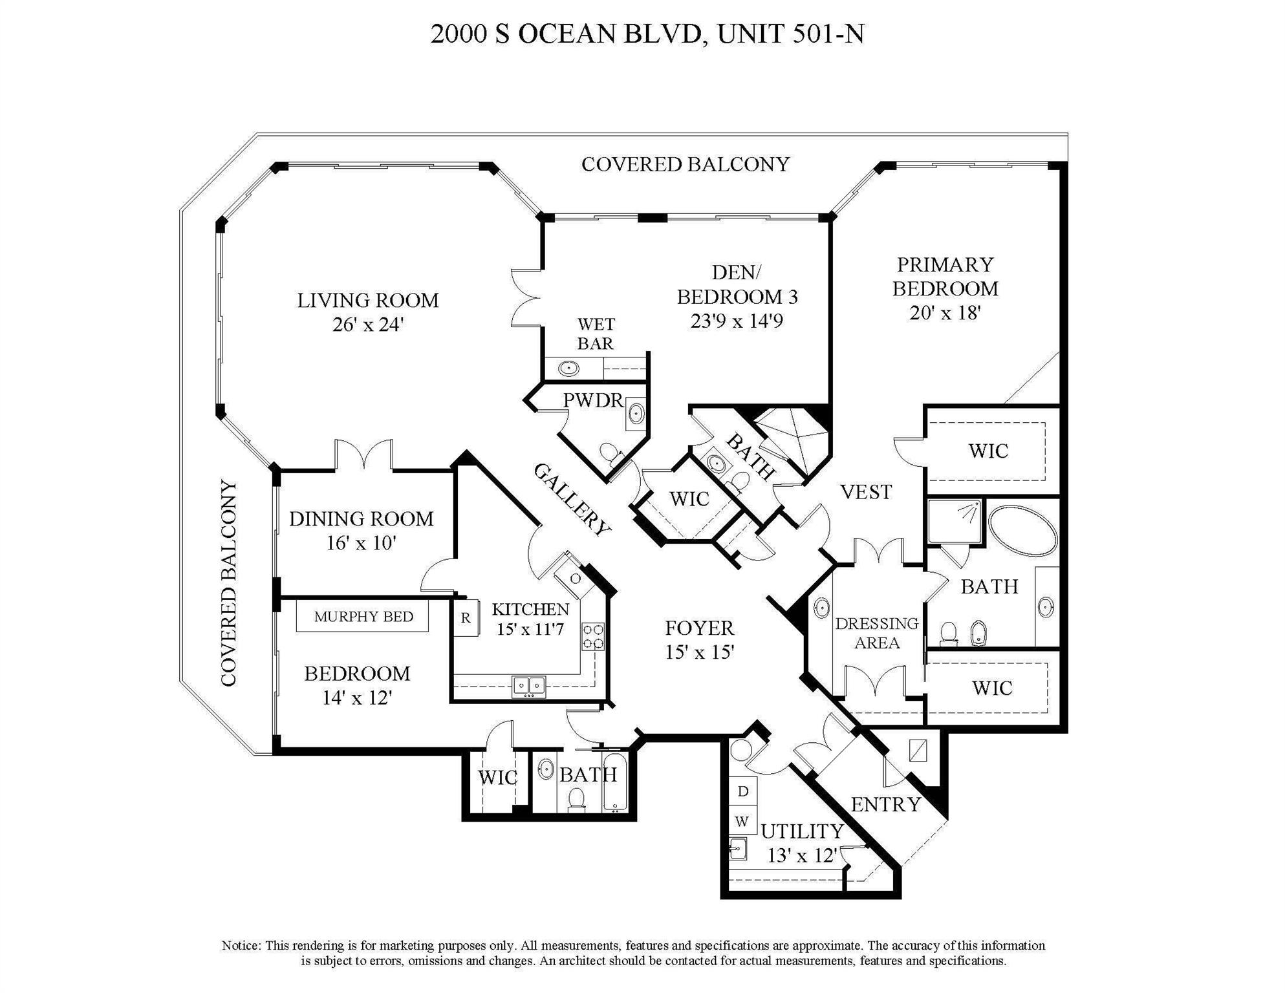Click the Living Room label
tap(367, 301)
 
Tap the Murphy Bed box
tap(363, 617)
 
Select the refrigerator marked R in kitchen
tap(465, 618)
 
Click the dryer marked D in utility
tap(743, 791)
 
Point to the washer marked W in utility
tap(742, 822)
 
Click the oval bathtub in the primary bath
tap(1023, 531)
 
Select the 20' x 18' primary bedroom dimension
tap(945, 313)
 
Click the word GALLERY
tap(572, 500)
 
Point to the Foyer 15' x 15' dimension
tap(699, 652)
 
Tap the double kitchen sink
tap(528, 685)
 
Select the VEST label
tap(866, 493)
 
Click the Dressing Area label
tap(876, 633)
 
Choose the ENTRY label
tap(885, 805)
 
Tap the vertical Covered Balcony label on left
tap(229, 582)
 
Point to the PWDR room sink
tap(636, 413)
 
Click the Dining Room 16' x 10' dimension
tap(360, 543)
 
